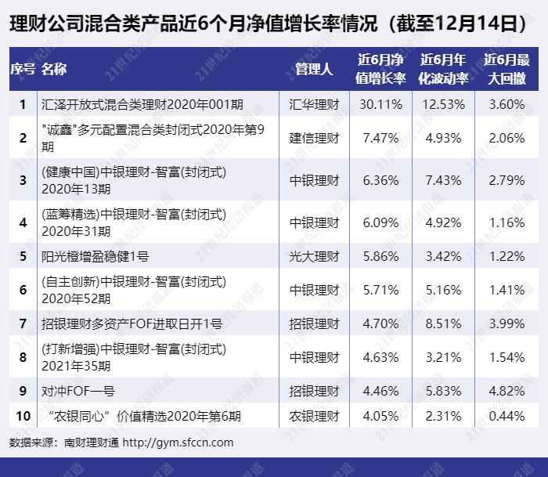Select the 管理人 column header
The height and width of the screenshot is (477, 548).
(314, 69)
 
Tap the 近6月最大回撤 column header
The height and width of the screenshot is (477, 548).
(507, 69)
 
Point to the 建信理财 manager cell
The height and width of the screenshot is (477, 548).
(314, 138)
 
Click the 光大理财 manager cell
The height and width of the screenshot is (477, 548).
(314, 256)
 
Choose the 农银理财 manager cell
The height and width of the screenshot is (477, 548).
(314, 416)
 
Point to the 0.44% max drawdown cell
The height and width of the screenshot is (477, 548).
(507, 416)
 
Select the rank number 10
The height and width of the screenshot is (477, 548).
(23, 416)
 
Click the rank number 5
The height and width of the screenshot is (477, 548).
(23, 256)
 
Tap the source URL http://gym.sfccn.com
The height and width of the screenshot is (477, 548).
(178, 443)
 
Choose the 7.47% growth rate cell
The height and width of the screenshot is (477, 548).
(380, 138)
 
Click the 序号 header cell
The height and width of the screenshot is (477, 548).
(23, 69)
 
